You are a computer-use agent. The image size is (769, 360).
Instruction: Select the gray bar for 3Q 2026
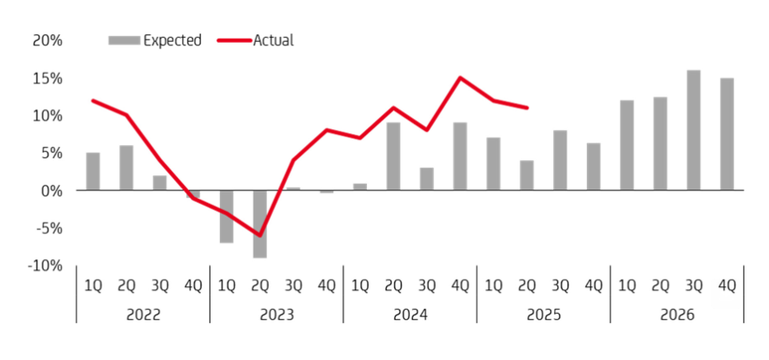pos(693,130)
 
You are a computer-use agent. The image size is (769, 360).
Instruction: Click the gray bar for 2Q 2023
pos(259,224)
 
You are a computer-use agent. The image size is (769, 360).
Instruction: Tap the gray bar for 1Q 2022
pos(92,171)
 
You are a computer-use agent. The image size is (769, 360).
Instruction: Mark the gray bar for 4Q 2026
pos(727,134)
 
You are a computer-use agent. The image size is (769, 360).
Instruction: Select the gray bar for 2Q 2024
pos(393,156)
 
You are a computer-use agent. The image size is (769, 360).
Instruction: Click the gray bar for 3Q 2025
pos(560,160)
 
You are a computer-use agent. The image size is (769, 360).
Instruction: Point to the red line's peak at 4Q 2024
pos(460,78)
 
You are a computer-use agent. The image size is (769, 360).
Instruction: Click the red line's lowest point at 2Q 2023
pos(259,236)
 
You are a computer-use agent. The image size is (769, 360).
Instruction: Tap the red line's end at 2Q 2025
pos(526,107)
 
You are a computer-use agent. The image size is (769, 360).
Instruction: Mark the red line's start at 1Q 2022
pos(92,101)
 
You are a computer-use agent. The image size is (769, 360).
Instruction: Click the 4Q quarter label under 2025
pos(594,285)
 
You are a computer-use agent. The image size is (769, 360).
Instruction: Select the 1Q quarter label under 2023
pos(226,285)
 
